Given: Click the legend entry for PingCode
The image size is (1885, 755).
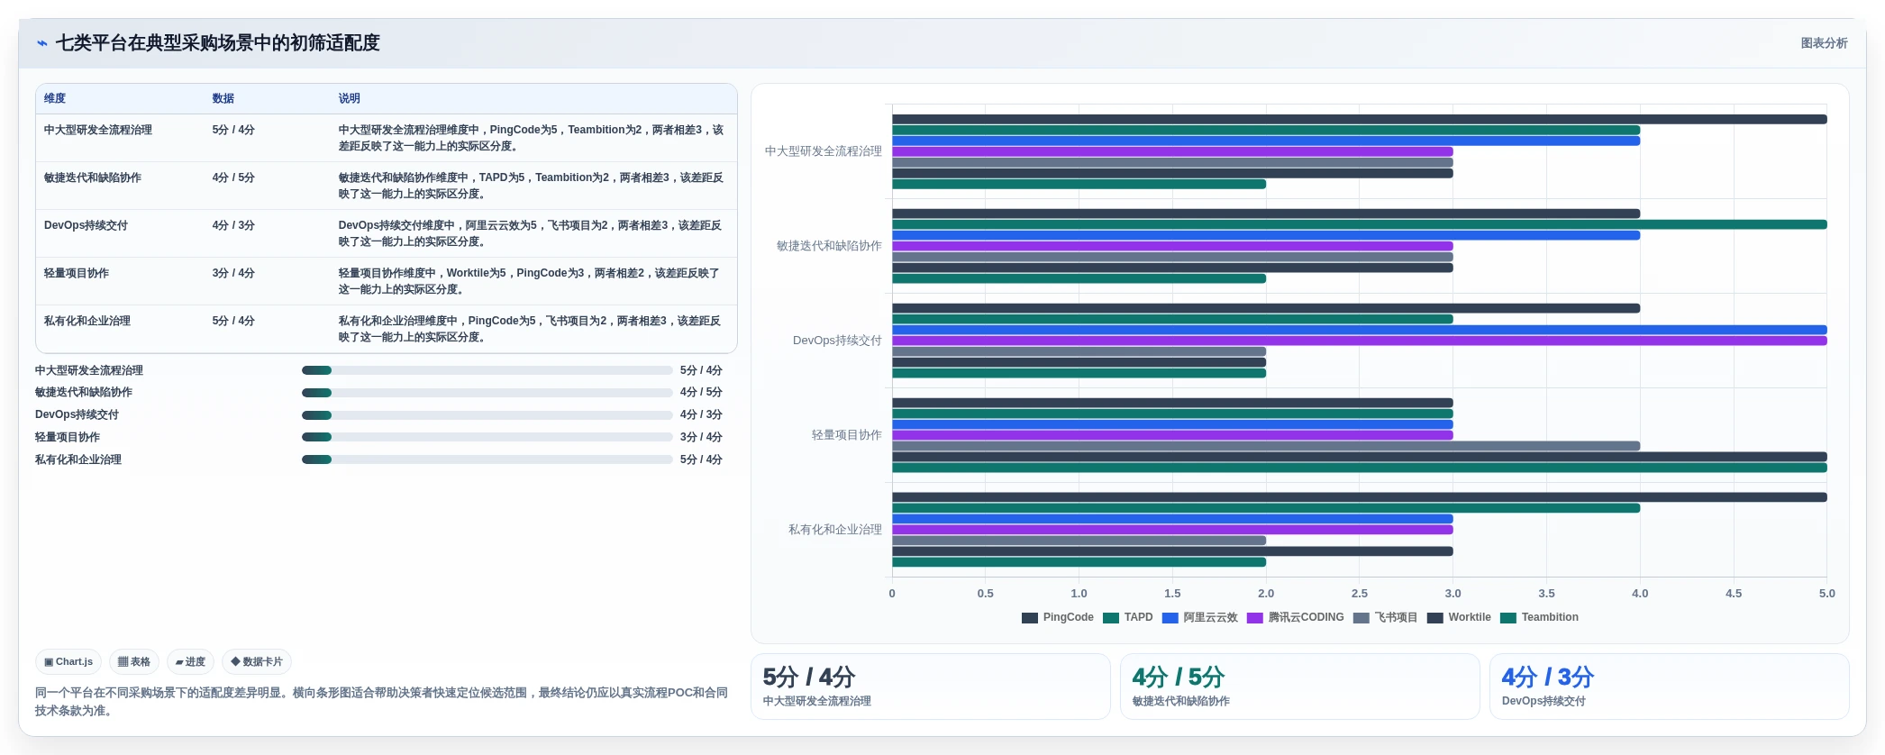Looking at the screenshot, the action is [1057, 617].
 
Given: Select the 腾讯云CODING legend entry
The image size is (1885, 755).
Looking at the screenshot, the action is [1295, 617].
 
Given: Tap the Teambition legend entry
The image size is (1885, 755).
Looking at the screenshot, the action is [1539, 617].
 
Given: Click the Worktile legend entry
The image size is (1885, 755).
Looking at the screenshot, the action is [1459, 617].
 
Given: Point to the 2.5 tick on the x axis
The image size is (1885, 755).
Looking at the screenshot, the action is [1360, 594].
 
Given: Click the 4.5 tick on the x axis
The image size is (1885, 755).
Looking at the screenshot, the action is [1734, 594].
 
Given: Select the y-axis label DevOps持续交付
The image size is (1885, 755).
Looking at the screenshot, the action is [837, 341].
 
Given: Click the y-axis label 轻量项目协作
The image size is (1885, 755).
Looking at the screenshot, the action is [847, 435].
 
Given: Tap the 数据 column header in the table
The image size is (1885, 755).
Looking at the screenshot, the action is [223, 98].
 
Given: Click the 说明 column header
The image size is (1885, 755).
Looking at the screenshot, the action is [350, 98].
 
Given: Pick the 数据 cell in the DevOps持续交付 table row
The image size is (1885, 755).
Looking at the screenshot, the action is [233, 225].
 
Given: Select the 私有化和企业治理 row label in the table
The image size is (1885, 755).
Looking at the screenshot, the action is [87, 321].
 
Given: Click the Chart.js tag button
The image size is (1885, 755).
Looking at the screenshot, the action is [68, 662].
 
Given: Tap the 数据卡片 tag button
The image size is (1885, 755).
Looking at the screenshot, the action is [257, 662].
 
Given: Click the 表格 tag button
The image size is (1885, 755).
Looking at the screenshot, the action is [134, 662].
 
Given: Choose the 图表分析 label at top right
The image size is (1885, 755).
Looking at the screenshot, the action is [1824, 43].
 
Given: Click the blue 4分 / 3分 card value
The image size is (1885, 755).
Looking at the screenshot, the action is [1547, 677].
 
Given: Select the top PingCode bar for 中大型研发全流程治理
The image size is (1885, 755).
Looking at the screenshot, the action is [1360, 119].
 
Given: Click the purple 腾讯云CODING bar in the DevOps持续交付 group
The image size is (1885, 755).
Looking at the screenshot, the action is [1360, 341].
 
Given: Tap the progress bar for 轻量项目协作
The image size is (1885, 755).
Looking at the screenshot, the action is [487, 437].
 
